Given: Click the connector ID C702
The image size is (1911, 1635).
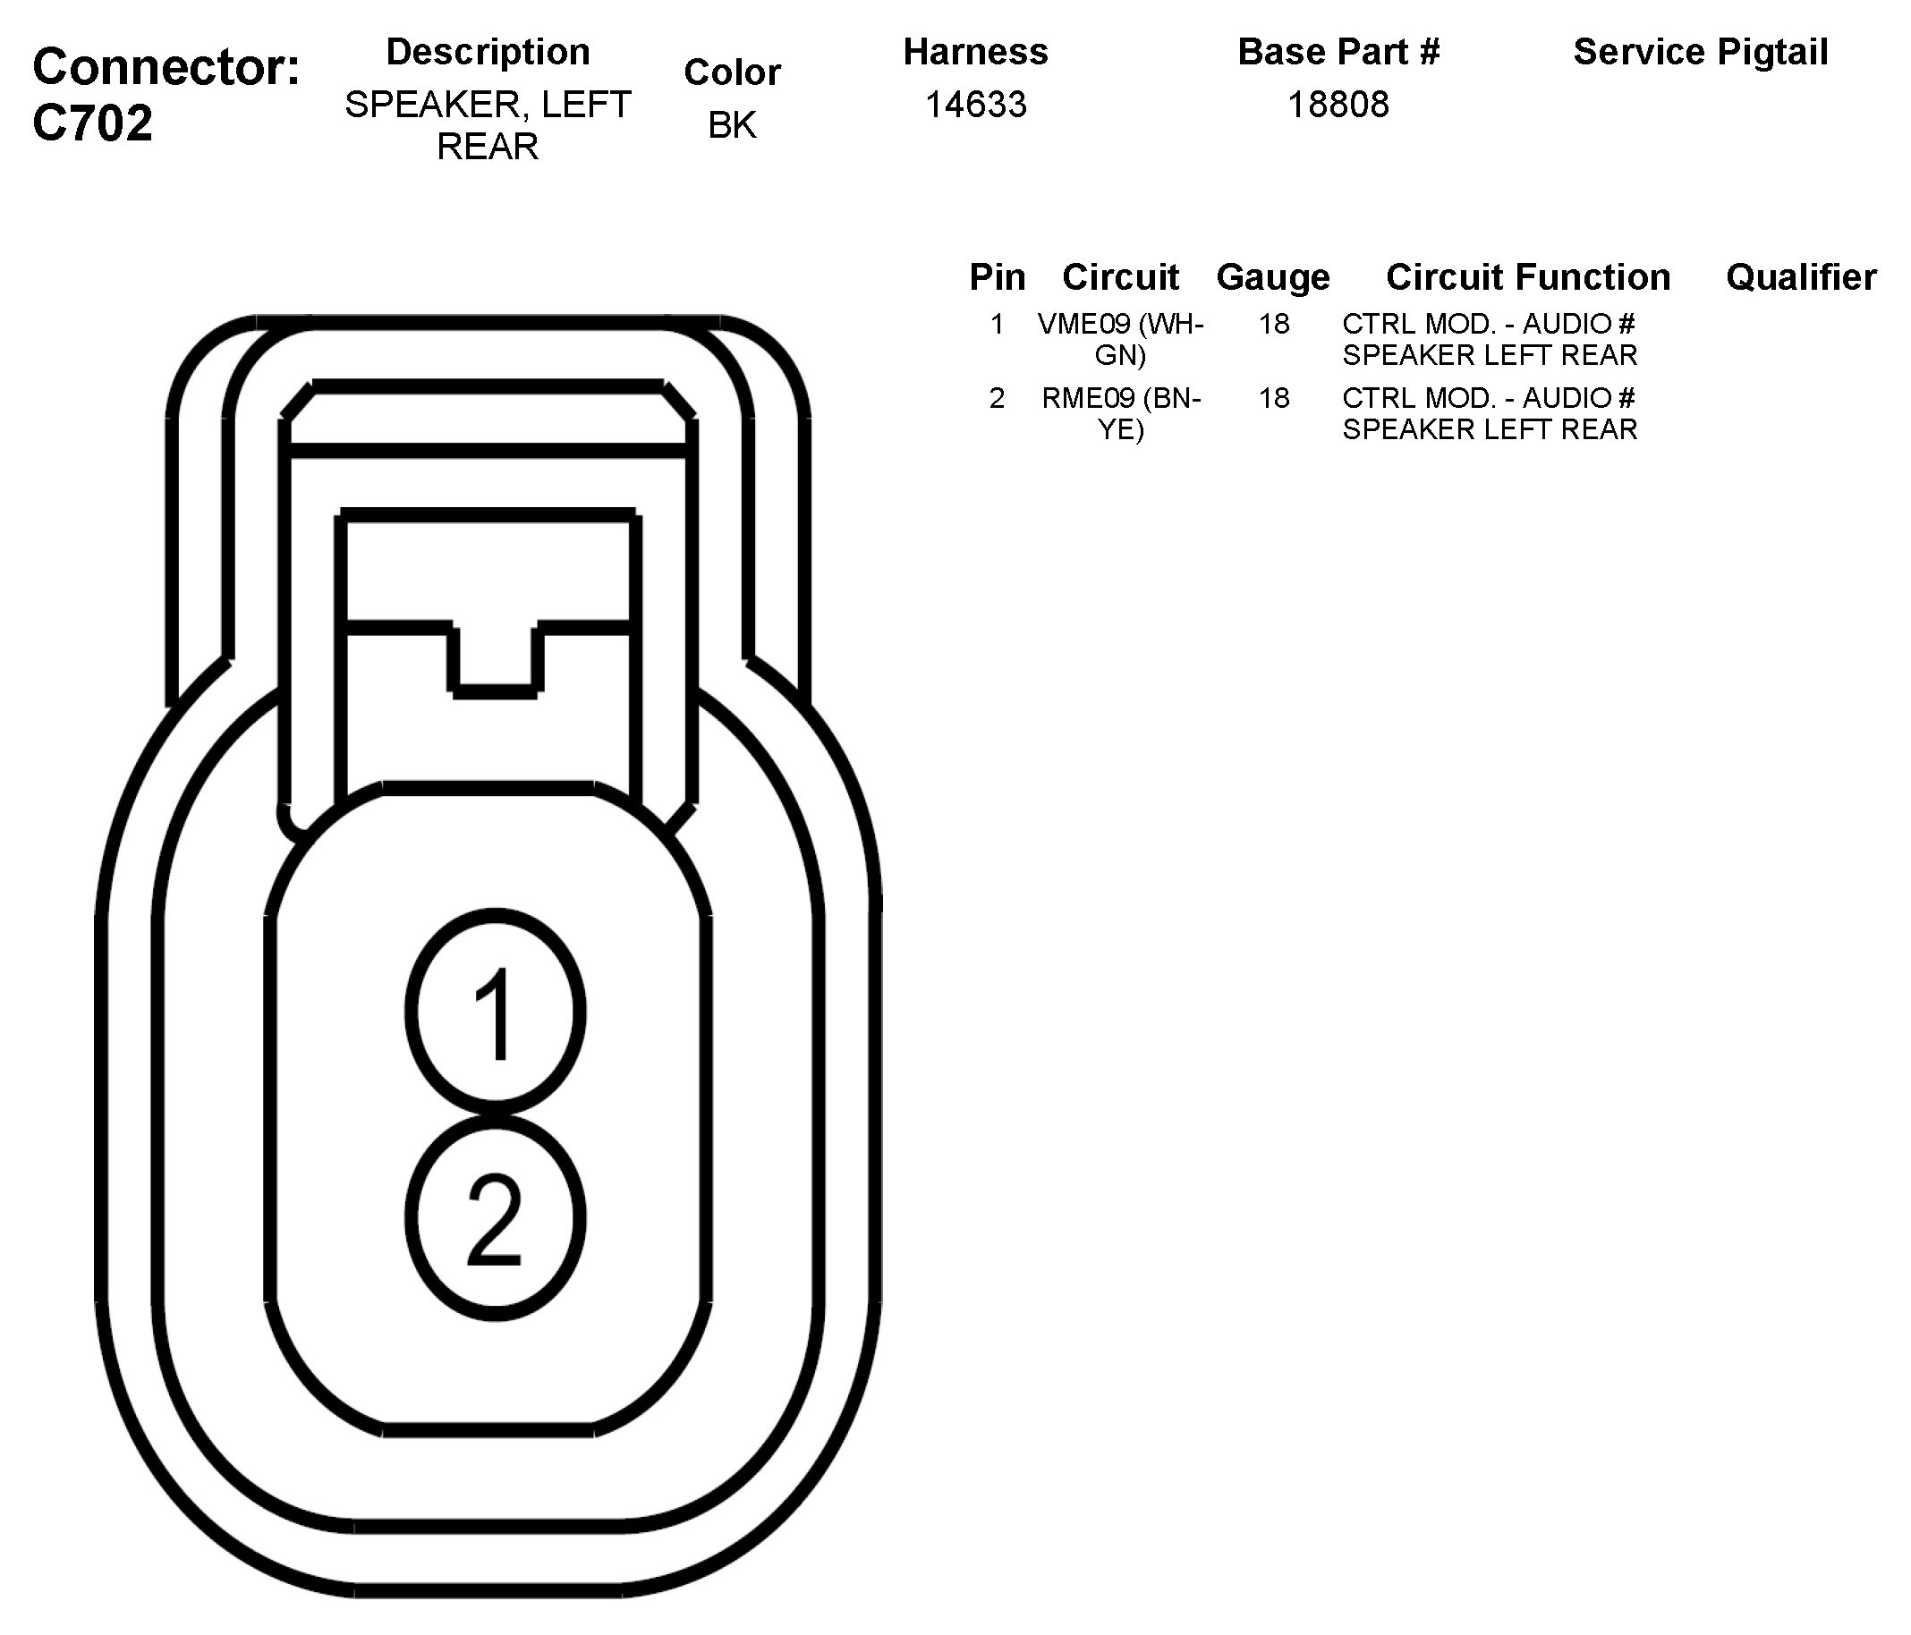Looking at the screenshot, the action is tap(92, 123).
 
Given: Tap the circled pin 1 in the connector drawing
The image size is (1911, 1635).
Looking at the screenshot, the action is tap(496, 1012).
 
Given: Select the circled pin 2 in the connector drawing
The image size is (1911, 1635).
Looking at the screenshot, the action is tap(496, 1217).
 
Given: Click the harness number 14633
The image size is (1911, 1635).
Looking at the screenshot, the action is tap(975, 106).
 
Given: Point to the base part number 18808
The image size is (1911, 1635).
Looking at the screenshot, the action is tap(1338, 106).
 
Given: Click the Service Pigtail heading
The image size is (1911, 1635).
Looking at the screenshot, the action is tap(1700, 53).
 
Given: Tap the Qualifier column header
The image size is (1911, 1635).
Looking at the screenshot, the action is tap(1800, 276).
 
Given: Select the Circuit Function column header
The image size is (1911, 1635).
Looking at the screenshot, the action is tap(1527, 276).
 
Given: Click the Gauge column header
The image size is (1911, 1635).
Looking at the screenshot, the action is tap(1273, 276).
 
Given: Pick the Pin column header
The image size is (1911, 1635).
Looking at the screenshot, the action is tap(997, 276).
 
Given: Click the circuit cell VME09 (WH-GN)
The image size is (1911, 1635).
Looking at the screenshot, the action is tap(1121, 339).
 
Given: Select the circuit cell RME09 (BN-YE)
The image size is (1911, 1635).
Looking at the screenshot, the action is tap(1121, 413).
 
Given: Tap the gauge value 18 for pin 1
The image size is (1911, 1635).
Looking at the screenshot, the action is tap(1274, 324).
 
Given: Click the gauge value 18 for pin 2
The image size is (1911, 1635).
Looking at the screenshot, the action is tap(1274, 398).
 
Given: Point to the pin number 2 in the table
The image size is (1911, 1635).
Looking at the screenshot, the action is tap(996, 398).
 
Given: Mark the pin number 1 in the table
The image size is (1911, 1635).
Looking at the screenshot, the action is tap(996, 324).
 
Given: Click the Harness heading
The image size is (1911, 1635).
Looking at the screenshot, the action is tap(975, 53).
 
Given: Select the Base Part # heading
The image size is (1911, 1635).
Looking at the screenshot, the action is tap(1338, 53).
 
